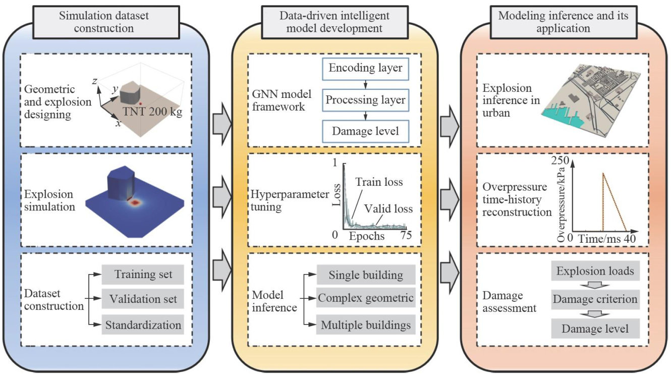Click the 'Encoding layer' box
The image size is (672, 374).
pyautogui.click(x=366, y=68)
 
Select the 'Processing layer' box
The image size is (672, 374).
pyautogui.click(x=366, y=99)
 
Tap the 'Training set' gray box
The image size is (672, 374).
pyautogui.click(x=143, y=275)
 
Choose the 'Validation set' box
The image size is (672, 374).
pyautogui.click(x=143, y=299)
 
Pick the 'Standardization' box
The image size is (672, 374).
pyautogui.click(x=143, y=324)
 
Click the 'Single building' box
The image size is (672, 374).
pyautogui.click(x=366, y=275)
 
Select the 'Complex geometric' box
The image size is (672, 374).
pyautogui.click(x=366, y=299)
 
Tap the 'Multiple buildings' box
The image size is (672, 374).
pyautogui.click(x=366, y=325)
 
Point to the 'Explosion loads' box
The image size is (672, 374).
pyautogui.click(x=595, y=271)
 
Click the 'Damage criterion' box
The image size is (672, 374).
pyautogui.click(x=595, y=299)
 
